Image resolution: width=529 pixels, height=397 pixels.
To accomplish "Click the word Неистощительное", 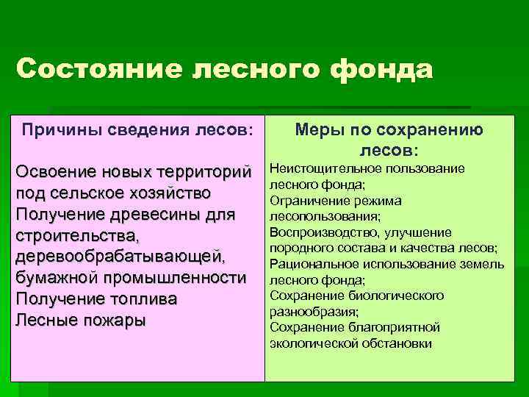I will [316, 169].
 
